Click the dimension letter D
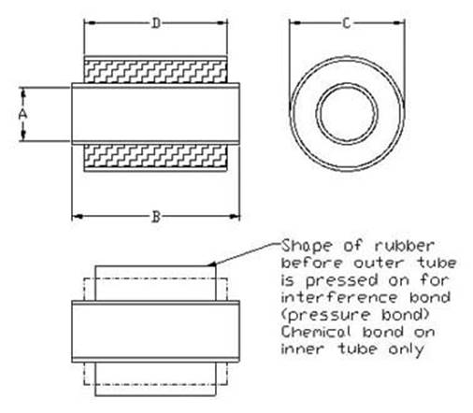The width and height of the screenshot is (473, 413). click(x=156, y=23)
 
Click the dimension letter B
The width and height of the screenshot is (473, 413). click(x=156, y=217)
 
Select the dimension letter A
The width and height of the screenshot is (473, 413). click(x=22, y=115)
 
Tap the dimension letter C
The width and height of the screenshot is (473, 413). click(x=347, y=23)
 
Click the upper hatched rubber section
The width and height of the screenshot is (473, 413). click(x=155, y=72)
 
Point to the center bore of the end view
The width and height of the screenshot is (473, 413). click(x=347, y=114)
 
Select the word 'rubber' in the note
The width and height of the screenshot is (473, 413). click(x=404, y=246)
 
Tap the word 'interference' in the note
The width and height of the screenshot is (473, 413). click(x=339, y=297)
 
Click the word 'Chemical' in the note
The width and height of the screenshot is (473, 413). click(x=316, y=332)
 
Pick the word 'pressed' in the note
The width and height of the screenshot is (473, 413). click(x=341, y=281)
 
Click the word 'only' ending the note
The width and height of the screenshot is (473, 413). click(x=407, y=349)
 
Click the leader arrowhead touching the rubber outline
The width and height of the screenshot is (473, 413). click(x=211, y=264)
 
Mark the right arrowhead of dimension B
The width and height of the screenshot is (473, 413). click(x=235, y=216)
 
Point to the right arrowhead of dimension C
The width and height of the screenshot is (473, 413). click(x=399, y=22)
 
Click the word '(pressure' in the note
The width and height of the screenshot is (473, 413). click(x=325, y=315)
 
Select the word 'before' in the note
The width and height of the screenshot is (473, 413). click(x=311, y=263)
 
